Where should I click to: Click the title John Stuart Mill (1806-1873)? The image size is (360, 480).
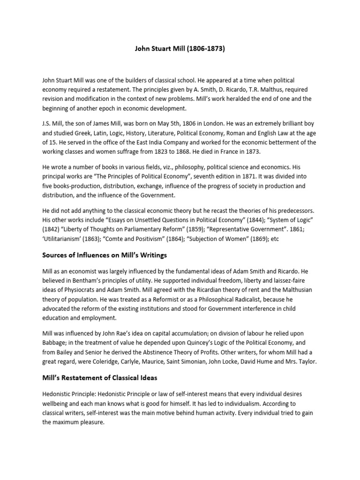pos(180,48)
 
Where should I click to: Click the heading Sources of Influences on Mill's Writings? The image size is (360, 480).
pos(105,255)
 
